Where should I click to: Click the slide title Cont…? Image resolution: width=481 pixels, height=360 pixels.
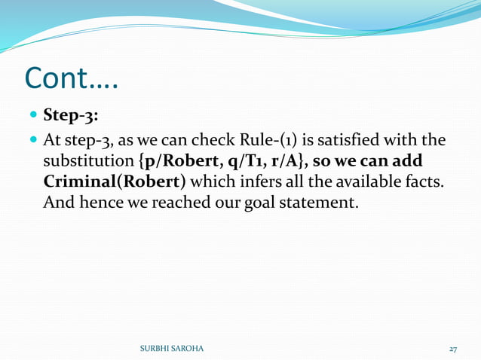click(x=72, y=79)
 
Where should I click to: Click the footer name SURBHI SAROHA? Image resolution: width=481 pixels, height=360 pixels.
click(x=171, y=349)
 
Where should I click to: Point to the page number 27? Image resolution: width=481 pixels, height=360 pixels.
click(x=453, y=349)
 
